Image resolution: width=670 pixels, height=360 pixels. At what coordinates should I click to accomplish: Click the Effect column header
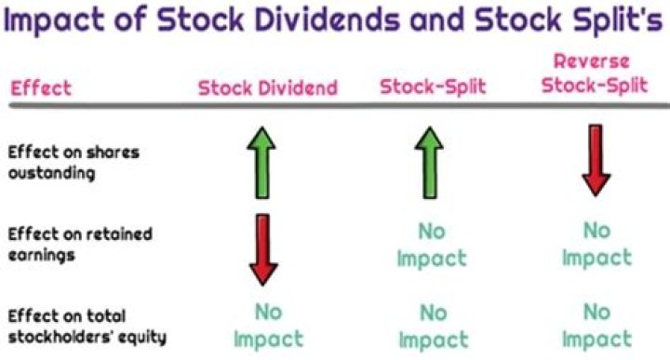(40, 89)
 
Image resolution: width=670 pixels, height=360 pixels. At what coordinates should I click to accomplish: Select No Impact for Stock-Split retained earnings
(432, 244)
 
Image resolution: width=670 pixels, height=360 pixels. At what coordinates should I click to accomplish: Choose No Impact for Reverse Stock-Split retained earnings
(596, 244)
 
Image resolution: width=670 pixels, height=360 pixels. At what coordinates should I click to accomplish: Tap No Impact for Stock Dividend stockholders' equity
(268, 325)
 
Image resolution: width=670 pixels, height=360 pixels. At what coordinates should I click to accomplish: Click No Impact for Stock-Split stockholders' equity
(432, 325)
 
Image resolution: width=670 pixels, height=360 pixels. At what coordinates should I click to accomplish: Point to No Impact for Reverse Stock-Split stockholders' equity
(596, 325)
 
